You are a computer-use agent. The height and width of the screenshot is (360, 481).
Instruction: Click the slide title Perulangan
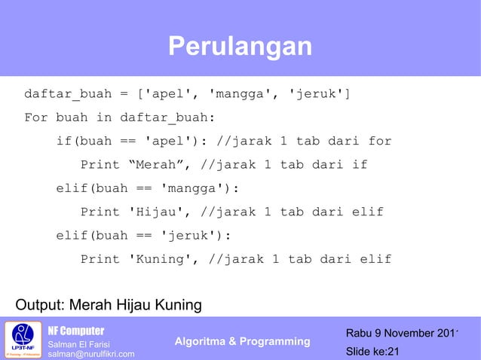tap(240, 47)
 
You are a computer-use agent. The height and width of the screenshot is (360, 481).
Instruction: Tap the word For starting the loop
tap(35, 118)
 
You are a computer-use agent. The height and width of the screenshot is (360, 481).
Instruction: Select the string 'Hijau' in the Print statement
tap(161, 212)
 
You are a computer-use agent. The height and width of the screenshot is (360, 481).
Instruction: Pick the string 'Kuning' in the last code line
tap(164, 259)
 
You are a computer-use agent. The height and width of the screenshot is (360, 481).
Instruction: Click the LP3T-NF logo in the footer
tap(23, 340)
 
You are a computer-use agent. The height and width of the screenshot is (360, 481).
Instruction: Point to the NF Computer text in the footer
tap(76, 331)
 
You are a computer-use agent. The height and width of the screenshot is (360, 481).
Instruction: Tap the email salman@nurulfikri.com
tap(91, 354)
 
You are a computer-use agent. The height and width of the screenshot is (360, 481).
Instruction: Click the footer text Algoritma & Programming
tap(242, 342)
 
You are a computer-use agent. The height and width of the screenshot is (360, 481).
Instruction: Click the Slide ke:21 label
tap(372, 352)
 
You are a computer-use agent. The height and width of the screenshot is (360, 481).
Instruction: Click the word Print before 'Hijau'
tap(100, 212)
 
